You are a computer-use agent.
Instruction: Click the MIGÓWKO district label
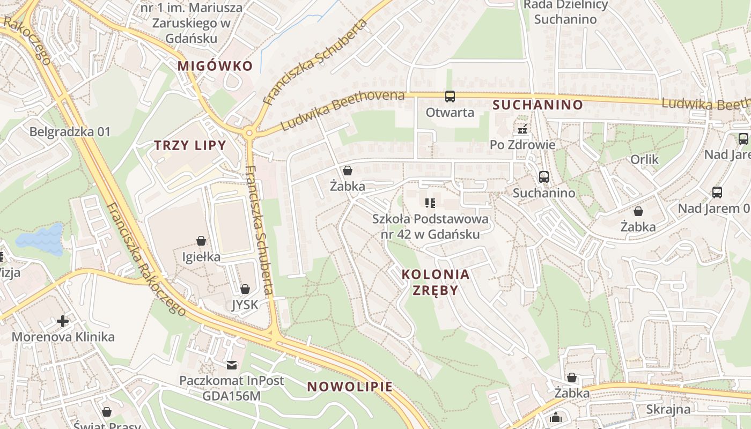click(x=215, y=66)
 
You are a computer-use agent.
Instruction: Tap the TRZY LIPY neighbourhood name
click(x=190, y=145)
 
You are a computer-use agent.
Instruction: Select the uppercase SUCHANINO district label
click(x=538, y=105)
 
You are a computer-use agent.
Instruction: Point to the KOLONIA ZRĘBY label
click(x=436, y=282)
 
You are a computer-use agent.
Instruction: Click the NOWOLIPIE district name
click(x=350, y=387)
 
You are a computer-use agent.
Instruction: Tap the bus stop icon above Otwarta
click(x=450, y=97)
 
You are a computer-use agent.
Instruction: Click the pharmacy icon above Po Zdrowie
click(x=522, y=129)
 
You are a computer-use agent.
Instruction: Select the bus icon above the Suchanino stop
click(x=543, y=177)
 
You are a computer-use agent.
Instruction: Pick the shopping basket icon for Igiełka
click(x=201, y=241)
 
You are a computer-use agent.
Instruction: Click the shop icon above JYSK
click(x=245, y=289)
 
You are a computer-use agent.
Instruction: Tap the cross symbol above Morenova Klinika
click(x=63, y=321)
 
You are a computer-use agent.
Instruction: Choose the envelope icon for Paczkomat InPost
click(x=232, y=365)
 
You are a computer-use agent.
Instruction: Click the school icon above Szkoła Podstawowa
click(x=430, y=203)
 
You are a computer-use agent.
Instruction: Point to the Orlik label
click(x=644, y=159)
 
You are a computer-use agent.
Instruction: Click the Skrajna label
click(x=668, y=410)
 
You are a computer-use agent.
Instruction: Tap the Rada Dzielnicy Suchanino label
click(x=565, y=12)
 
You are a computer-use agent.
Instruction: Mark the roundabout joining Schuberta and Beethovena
click(x=248, y=132)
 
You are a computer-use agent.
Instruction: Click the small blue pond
click(x=40, y=239)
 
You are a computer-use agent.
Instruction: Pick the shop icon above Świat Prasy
click(x=107, y=412)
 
